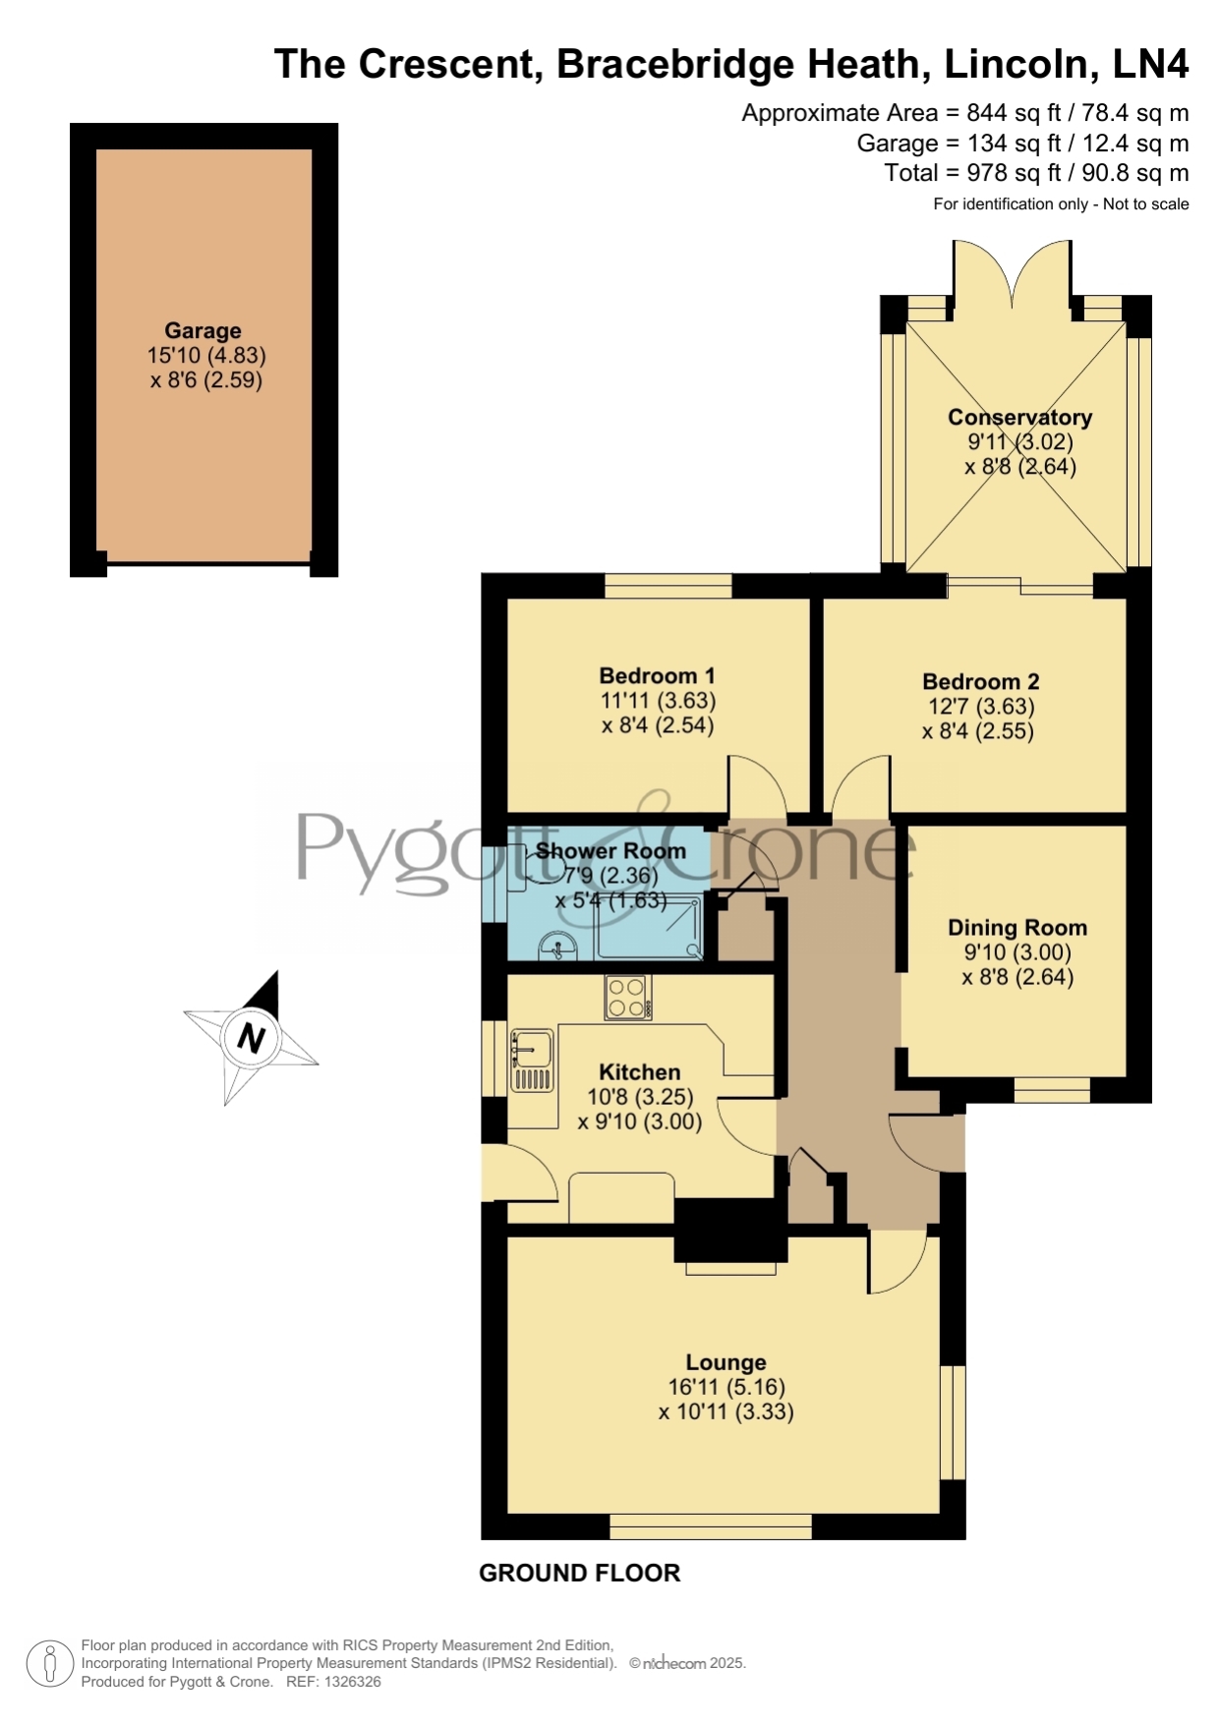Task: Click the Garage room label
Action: pos(203,331)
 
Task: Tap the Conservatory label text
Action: pos(1019,417)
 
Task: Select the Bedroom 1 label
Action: pos(657,675)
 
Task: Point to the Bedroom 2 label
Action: pos(980,681)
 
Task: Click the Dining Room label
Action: pos(1017,927)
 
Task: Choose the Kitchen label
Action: pos(639,1071)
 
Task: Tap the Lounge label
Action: pos(726,1362)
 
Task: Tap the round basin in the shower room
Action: pos(558,947)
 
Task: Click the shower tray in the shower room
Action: pos(650,926)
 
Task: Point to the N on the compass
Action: pos(252,1038)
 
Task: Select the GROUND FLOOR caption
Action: pos(579,1573)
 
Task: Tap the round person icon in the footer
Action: pos(49,1664)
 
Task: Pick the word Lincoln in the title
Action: pos(1017,64)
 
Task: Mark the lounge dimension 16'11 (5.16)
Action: pos(726,1387)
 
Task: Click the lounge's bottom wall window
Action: pos(711,1526)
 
